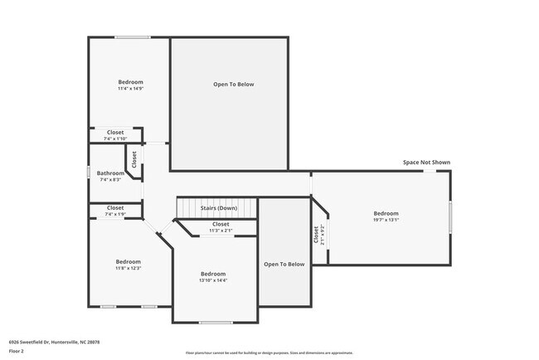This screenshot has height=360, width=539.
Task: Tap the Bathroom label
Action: (111, 173)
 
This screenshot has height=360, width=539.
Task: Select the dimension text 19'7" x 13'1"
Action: (386, 221)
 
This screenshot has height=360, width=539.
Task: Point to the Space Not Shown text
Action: (426, 163)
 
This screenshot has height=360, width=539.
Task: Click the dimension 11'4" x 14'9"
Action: (130, 89)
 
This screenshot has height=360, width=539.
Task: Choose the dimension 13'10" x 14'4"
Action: (213, 281)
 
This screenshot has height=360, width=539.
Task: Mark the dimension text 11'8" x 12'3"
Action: (128, 268)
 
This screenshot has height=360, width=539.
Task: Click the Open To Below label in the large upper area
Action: (233, 85)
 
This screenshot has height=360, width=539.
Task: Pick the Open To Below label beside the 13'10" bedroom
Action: (284, 265)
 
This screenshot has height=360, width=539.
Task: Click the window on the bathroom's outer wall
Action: (89, 173)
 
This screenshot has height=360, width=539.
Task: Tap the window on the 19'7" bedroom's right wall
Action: (450, 218)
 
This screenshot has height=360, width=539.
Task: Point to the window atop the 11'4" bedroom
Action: (132, 37)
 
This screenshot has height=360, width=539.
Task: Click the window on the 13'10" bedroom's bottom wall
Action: (216, 323)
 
